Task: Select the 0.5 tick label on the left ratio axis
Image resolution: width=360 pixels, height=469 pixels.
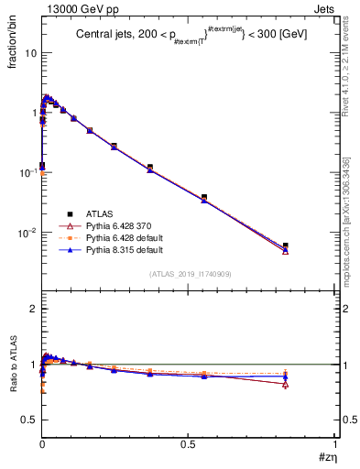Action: tap(29, 420)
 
